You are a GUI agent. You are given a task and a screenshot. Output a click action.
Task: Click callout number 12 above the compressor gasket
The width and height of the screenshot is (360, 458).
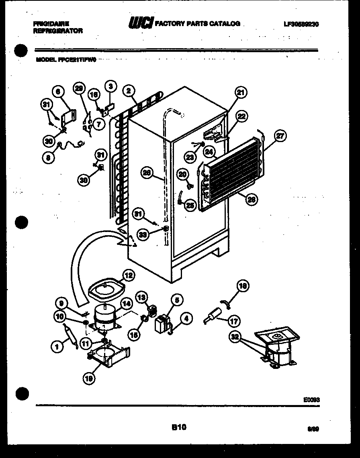(x=128, y=275)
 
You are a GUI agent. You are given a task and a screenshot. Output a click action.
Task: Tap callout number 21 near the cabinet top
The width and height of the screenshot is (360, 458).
(x=240, y=93)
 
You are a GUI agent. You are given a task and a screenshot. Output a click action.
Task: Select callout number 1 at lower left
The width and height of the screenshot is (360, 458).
(x=57, y=344)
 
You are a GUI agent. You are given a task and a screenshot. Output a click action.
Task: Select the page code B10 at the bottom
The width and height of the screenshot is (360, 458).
(x=179, y=427)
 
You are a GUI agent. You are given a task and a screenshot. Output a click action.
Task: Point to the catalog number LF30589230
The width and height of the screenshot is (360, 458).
(x=301, y=24)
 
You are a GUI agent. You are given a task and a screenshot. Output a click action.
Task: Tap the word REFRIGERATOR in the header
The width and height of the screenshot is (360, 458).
(x=58, y=31)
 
